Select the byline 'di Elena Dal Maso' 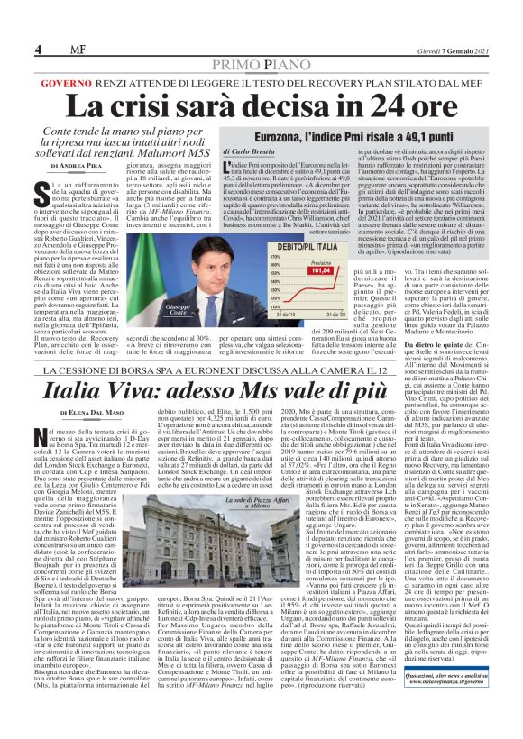click(x=86, y=412)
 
